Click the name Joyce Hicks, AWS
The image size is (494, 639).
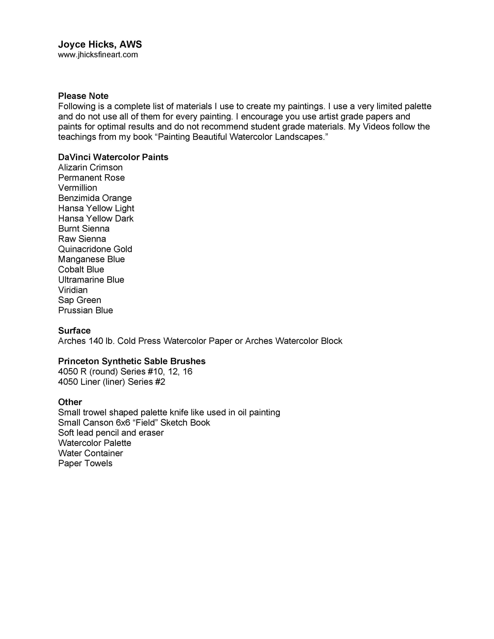tap(100, 44)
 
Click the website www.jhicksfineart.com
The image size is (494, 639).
tap(98, 55)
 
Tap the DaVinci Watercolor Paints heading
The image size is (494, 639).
tap(113, 157)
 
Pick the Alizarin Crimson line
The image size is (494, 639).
tap(90, 167)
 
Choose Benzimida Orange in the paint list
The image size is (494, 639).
tap(95, 198)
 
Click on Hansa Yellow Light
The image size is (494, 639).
tap(96, 208)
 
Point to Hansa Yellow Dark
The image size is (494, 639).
tap(96, 219)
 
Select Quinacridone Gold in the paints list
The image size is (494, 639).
tap(95, 249)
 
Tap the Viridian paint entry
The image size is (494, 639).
tap(73, 290)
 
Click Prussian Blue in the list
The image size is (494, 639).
tap(85, 310)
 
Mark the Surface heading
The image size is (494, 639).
tap(74, 331)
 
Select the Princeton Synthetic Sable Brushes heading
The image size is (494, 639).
tap(132, 361)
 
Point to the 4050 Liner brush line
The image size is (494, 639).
tap(111, 382)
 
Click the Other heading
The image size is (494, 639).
tap(70, 402)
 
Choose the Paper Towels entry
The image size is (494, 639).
tap(85, 463)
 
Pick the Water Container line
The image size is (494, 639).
tap(90, 453)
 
